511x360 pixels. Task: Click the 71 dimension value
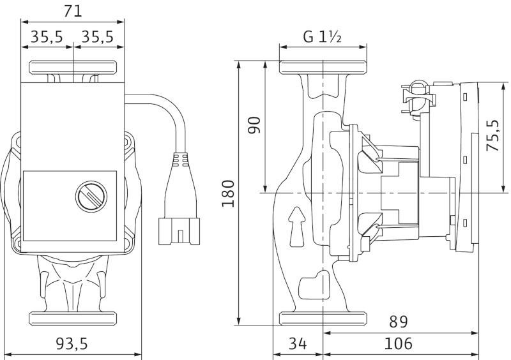(72, 11)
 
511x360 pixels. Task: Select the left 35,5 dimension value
(47, 37)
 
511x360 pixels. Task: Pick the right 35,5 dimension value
(97, 37)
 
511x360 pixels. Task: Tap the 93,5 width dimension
(72, 343)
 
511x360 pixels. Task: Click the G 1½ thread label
(323, 36)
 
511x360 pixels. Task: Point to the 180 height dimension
(228, 193)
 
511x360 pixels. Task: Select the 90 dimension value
(254, 124)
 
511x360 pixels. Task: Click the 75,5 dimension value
(492, 135)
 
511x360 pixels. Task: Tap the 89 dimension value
(398, 322)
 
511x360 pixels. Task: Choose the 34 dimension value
(298, 343)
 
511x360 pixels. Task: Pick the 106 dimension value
(398, 343)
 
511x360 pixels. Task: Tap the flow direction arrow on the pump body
(297, 227)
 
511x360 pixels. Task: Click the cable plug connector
(179, 231)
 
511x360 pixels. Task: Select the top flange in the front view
(73, 68)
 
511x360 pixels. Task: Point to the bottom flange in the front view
(73, 319)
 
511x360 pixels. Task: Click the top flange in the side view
(323, 68)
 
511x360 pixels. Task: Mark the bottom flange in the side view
(323, 319)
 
